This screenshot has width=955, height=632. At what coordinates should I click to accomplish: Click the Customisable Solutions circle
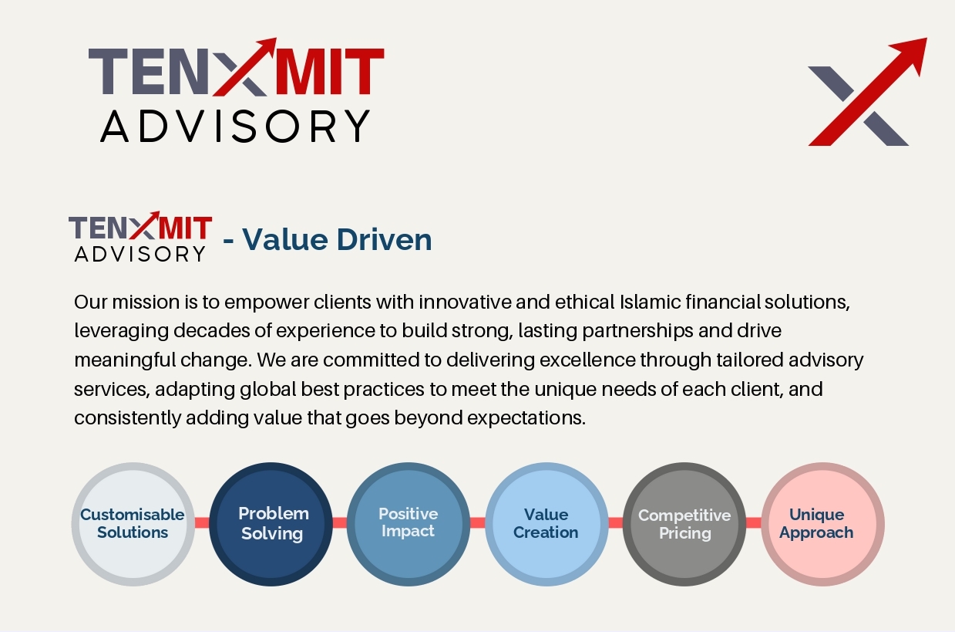tap(133, 524)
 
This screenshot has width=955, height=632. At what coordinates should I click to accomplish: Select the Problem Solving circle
tap(271, 524)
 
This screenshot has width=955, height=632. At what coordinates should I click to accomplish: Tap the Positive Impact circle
tap(409, 524)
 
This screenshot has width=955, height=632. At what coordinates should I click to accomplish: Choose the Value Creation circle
tap(546, 524)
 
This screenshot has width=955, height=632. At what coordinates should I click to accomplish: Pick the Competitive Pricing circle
tap(684, 524)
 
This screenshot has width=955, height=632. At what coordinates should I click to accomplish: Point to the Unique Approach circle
tap(822, 524)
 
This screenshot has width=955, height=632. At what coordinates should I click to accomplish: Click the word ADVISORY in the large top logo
tap(235, 126)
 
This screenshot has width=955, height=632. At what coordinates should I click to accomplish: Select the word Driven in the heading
tap(384, 239)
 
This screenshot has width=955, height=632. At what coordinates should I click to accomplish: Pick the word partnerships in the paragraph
tap(637, 332)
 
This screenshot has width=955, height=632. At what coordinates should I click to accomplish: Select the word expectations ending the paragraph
tap(526, 418)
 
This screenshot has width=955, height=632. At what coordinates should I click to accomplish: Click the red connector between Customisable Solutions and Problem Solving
tap(202, 522)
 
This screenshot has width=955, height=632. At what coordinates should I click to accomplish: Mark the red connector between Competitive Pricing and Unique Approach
tap(754, 522)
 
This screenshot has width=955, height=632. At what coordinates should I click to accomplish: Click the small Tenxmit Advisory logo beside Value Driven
tap(140, 237)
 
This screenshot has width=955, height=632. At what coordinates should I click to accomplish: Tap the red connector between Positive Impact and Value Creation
tap(478, 522)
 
